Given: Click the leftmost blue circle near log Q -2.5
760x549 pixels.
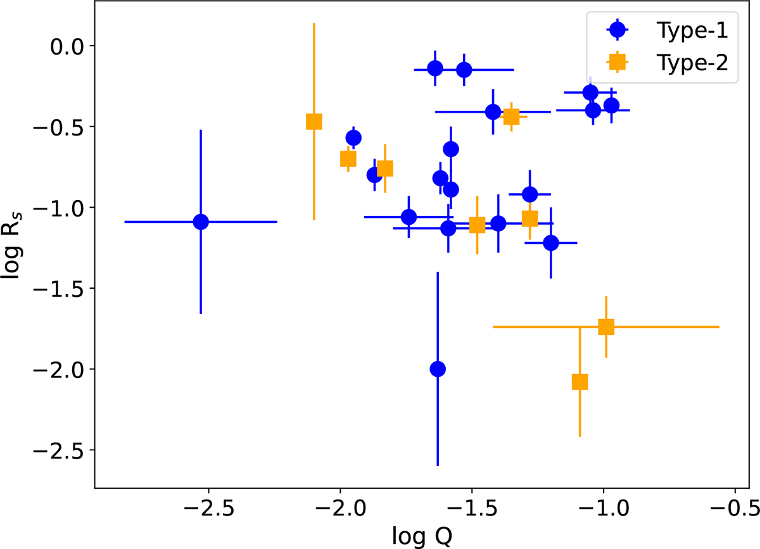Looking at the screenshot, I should tap(201, 222).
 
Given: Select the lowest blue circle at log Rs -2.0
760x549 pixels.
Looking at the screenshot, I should tap(437, 369).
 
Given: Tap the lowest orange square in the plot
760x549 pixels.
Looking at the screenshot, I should tap(579, 382).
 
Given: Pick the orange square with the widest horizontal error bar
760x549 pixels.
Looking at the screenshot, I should tap(606, 327).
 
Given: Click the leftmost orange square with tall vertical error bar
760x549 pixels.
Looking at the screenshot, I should tap(314, 122).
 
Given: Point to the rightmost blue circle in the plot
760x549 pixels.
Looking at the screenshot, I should tap(611, 105).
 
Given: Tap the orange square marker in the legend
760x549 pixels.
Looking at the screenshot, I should tap(616, 62).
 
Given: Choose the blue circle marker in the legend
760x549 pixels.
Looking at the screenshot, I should tap(616, 30).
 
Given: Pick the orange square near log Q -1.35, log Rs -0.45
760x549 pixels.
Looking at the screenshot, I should tap(511, 117).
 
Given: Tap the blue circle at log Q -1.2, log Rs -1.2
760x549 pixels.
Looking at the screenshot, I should tap(551, 243).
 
